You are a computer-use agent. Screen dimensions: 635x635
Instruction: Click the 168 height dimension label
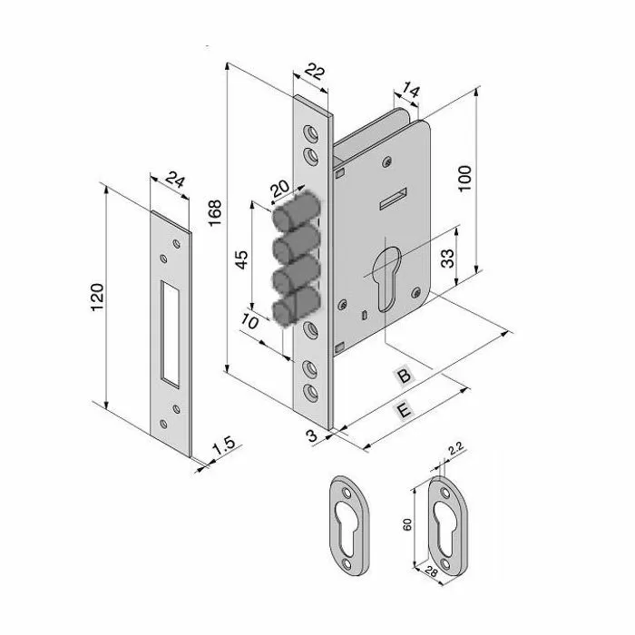[215, 212]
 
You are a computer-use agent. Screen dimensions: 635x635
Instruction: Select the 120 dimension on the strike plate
[97, 298]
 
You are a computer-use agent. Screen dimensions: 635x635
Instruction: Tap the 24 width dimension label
[175, 180]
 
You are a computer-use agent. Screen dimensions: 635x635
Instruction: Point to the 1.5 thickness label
[224, 445]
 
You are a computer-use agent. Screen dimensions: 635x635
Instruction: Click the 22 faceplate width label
[315, 72]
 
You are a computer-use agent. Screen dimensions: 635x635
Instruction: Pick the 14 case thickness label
[410, 92]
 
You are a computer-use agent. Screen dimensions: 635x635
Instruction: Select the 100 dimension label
[464, 178]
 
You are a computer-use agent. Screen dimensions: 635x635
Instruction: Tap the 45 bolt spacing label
[241, 260]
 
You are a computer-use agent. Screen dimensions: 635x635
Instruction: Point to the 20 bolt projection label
[279, 188]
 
